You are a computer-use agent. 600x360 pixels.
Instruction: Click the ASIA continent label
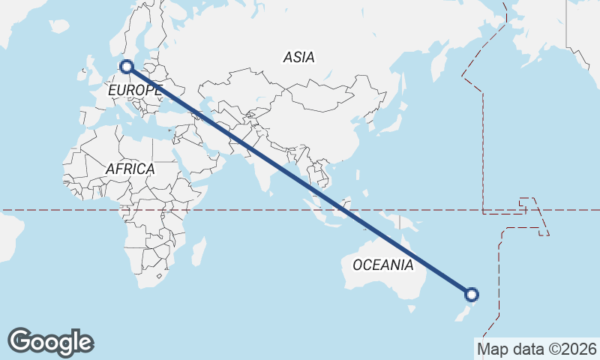[298, 57]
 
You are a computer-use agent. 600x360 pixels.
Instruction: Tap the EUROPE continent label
[134, 91]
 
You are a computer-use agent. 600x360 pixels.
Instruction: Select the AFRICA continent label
[130, 169]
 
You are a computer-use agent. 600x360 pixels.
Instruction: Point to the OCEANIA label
[382, 265]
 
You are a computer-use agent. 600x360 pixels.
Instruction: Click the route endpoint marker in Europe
[127, 67]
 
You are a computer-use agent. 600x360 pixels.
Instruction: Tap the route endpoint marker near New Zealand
[472, 294]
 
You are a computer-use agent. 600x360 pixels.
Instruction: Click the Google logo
[50, 342]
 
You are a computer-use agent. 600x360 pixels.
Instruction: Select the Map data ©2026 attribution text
[536, 349]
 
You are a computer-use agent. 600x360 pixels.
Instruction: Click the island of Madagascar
[199, 252]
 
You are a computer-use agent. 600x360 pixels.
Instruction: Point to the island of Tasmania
[411, 308]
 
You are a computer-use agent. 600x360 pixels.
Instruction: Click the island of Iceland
[58, 26]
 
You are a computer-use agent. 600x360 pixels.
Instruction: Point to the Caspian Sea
[218, 112]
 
